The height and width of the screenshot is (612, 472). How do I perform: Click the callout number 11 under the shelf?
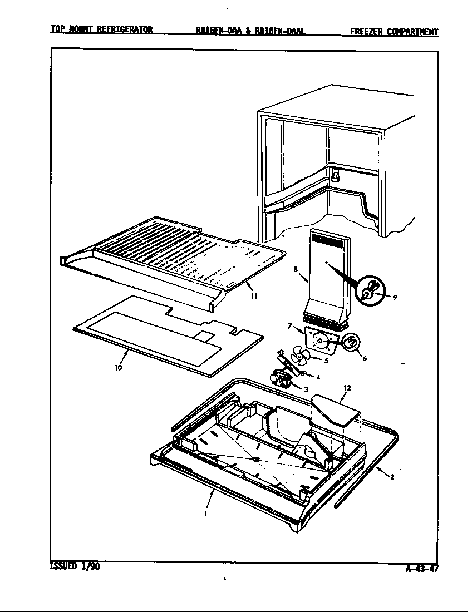[253, 295]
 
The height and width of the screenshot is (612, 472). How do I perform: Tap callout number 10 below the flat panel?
[119, 368]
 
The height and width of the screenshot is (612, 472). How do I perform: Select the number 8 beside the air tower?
[296, 270]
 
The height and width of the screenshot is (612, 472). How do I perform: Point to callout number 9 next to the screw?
[394, 298]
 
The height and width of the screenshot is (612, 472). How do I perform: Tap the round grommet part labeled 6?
[350, 343]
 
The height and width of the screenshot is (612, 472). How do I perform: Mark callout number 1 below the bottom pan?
[206, 513]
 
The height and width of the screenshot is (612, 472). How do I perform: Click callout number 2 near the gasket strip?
[392, 476]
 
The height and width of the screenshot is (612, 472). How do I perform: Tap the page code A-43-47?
[421, 569]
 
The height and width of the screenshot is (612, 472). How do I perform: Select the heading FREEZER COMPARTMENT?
[394, 32]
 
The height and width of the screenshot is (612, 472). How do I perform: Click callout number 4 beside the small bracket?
[318, 377]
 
